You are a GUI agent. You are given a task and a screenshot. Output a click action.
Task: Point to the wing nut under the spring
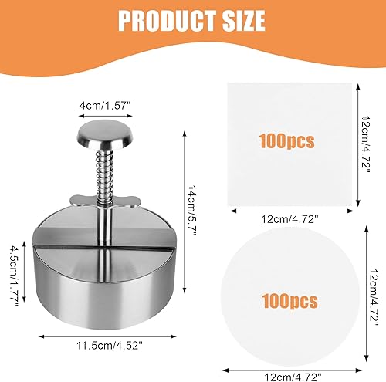tap(104, 203)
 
